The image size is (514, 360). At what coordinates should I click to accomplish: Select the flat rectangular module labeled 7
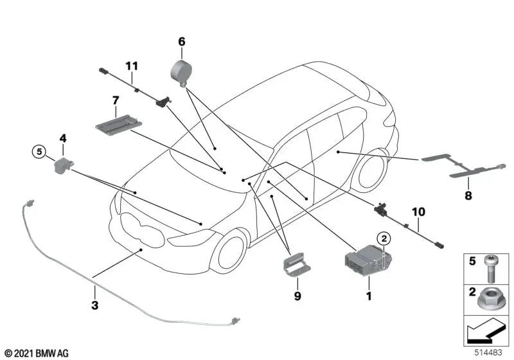tap(119, 124)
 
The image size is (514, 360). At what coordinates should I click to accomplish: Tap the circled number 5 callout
tap(39, 152)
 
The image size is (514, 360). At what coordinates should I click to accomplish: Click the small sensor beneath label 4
tap(62, 166)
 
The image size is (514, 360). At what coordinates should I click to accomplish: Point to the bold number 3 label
tap(94, 305)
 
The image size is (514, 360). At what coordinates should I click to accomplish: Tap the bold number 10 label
tap(418, 212)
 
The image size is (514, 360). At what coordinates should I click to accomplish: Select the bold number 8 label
tap(468, 195)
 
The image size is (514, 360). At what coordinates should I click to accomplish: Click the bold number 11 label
tap(132, 66)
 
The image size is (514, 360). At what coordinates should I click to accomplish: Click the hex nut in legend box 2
tap(488, 300)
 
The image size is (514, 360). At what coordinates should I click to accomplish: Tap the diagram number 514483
tap(489, 353)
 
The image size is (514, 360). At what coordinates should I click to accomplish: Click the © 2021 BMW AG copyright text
tap(37, 353)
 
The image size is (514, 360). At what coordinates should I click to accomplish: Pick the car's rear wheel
tap(373, 170)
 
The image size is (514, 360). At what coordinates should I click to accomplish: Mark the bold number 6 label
tap(182, 42)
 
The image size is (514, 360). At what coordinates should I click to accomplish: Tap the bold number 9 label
tap(297, 296)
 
